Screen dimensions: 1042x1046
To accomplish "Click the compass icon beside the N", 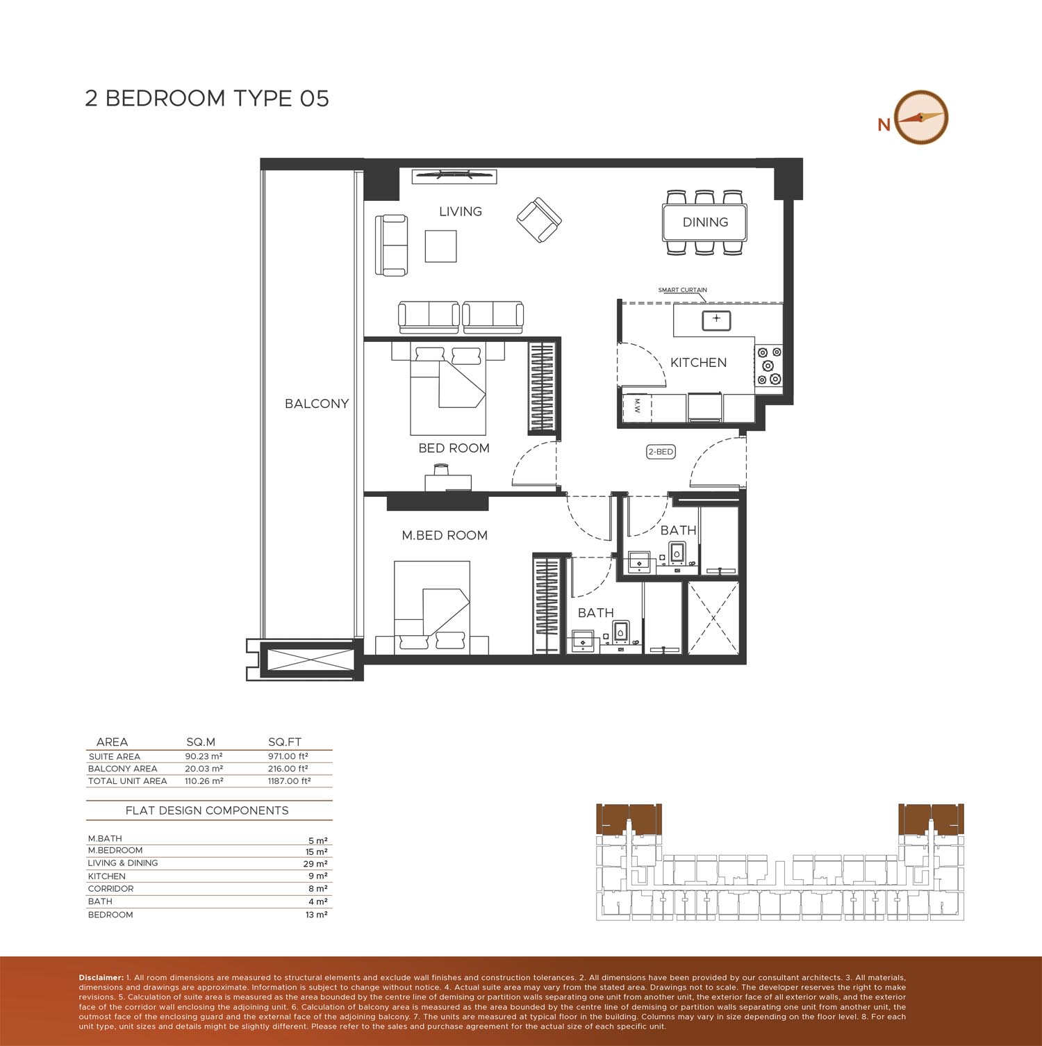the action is tap(920, 117).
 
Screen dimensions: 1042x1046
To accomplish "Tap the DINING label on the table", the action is tap(705, 222).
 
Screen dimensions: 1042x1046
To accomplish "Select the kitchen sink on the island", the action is tap(716, 320).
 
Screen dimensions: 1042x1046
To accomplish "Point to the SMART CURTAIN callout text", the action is tap(683, 290).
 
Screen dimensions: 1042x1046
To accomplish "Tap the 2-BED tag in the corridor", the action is tap(661, 452).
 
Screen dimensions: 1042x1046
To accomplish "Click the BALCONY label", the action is tap(317, 404).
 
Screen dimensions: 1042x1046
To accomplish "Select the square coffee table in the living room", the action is tap(441, 246).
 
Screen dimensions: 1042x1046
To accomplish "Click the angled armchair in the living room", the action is tap(539, 220).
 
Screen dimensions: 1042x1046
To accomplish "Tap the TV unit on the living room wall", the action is tap(454, 177).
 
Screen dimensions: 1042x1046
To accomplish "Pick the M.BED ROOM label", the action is tap(445, 535).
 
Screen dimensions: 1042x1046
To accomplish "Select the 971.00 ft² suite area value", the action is tap(288, 756).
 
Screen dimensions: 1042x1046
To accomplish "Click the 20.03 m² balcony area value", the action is tap(204, 769).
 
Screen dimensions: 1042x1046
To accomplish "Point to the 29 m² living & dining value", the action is tap(317, 864).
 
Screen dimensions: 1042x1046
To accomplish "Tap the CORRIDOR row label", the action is tap(110, 889).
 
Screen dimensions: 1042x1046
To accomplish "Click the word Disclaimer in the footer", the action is tap(101, 978).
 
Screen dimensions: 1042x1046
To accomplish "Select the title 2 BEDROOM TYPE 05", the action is tap(207, 98).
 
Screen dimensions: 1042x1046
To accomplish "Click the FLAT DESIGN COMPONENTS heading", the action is tap(207, 810).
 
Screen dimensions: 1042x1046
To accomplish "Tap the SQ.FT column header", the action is tap(285, 742).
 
